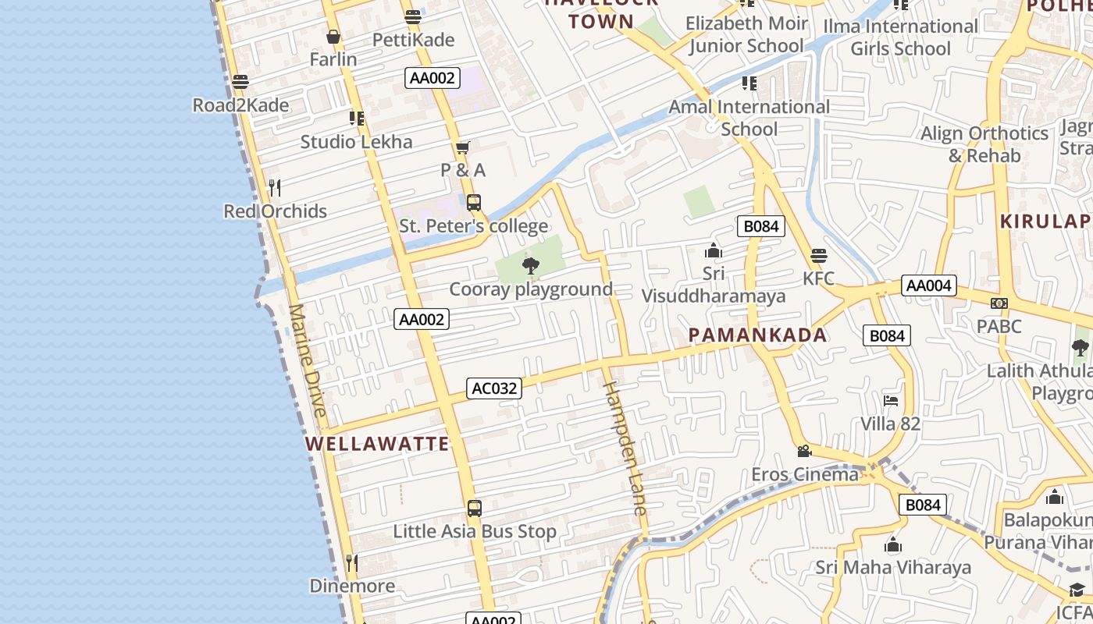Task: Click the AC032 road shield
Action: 494,388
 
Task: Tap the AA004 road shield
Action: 928,285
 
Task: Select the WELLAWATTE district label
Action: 378,444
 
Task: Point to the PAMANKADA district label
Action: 757,335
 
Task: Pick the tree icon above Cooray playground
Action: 531,266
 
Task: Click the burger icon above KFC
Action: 818,256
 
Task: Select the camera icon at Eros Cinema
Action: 804,451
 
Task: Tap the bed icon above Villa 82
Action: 891,401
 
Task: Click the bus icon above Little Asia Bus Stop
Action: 474,509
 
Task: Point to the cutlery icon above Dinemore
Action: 352,562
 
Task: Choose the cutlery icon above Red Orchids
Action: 275,188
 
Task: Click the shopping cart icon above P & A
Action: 463,147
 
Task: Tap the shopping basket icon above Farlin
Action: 333,37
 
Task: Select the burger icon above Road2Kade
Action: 240,82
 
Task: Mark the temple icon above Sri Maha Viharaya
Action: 893,544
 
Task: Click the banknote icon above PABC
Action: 999,303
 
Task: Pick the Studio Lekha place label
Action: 356,142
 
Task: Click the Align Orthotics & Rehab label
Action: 984,144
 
